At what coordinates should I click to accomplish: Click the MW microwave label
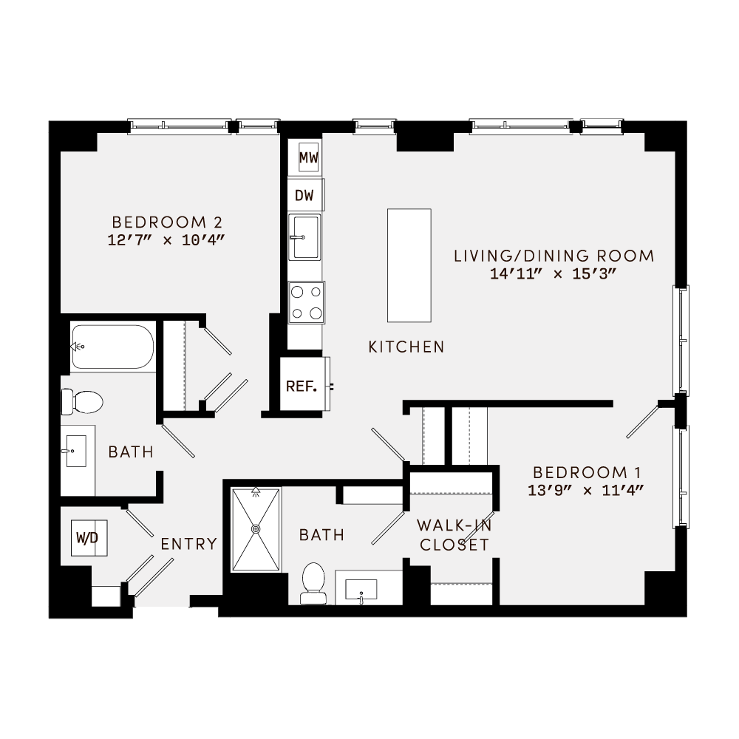(x=308, y=157)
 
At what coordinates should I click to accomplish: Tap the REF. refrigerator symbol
(x=302, y=386)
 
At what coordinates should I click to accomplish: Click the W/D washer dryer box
(x=87, y=537)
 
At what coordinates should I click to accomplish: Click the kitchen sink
(x=304, y=237)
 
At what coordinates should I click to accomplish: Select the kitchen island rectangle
(x=409, y=265)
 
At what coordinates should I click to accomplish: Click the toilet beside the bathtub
(x=82, y=402)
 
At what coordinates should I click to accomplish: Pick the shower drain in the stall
(x=256, y=529)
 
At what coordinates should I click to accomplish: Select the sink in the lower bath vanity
(x=361, y=590)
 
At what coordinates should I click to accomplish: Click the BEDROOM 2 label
(x=167, y=222)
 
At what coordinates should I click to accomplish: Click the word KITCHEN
(x=406, y=347)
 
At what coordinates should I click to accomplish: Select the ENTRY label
(x=189, y=545)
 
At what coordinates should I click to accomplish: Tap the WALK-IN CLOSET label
(x=454, y=536)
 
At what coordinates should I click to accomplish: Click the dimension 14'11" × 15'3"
(x=554, y=273)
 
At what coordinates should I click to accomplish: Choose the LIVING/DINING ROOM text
(x=554, y=256)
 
